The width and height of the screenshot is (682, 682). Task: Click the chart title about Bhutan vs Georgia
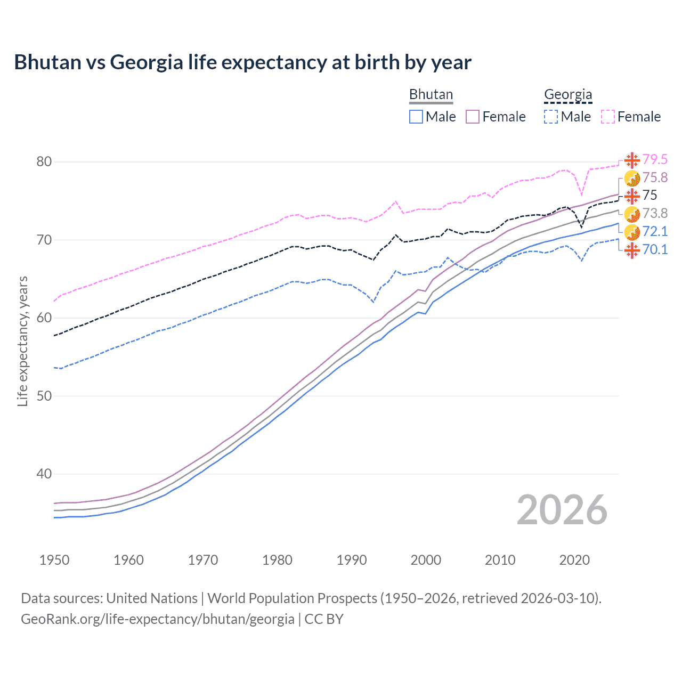coord(242,62)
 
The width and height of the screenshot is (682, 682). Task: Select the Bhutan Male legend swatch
coord(416,117)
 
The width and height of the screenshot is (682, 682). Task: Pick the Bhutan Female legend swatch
coord(473,117)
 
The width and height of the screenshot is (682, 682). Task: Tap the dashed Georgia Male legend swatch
coord(551,117)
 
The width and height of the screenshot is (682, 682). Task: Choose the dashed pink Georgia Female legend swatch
coord(608,117)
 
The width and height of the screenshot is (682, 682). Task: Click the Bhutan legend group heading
coord(431,94)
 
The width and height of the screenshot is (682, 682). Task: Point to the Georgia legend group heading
coord(568,94)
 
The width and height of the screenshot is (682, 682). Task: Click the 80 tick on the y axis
coord(44,161)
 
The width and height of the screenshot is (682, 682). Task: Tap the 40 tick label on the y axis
coord(44,474)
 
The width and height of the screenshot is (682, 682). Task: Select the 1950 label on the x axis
coord(54,560)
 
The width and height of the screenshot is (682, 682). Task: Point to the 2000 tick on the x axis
coord(426,560)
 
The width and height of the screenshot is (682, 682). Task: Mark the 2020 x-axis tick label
coord(574,560)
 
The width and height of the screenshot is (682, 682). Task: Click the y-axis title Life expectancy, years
coord(22,341)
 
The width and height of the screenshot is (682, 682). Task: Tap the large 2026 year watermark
coord(562,510)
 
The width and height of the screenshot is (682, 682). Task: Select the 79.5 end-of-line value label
coord(655,159)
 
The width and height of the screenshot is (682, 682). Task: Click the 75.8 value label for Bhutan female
coord(655,177)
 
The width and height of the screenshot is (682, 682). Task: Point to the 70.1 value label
coord(655,249)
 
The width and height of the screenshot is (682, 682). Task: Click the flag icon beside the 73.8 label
coord(632,214)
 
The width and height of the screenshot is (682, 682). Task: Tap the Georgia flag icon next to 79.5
coord(632,160)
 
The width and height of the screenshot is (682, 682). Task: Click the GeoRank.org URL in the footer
coord(158,619)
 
